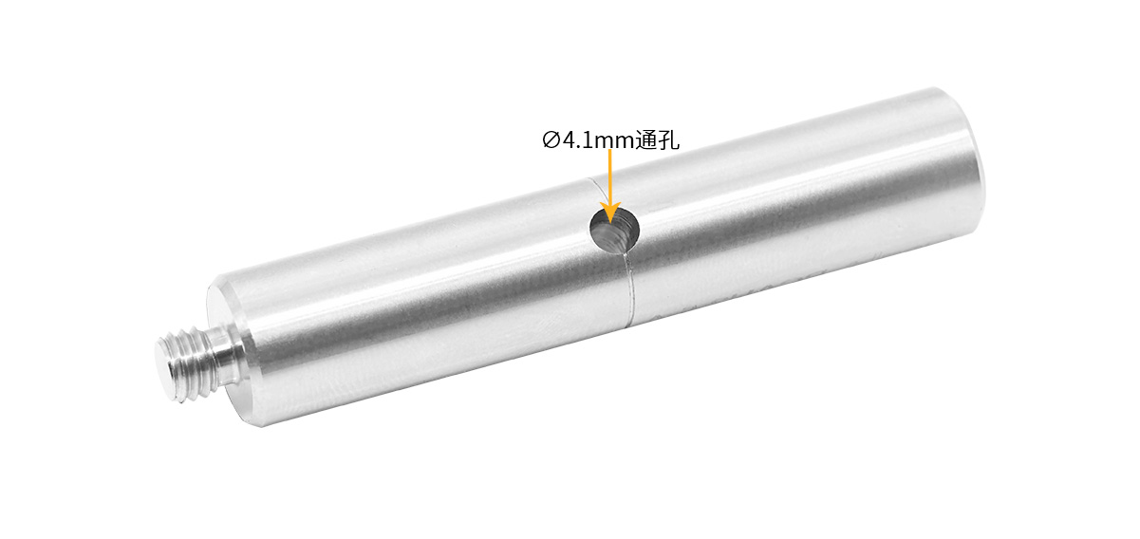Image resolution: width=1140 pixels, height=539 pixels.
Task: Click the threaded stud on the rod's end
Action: pyautogui.click(x=191, y=362)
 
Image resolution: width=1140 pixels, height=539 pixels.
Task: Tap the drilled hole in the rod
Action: pyautogui.click(x=614, y=230)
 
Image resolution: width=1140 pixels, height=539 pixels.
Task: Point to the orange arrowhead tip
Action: pyautogui.click(x=609, y=223)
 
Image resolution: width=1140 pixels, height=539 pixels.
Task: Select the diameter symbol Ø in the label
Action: pyautogui.click(x=551, y=139)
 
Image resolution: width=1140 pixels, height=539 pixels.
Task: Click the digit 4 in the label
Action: pyautogui.click(x=570, y=139)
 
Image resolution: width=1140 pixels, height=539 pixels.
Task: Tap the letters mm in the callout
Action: pyautogui.click(x=615, y=142)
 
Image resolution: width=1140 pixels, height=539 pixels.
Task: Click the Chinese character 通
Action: pyautogui.click(x=645, y=139)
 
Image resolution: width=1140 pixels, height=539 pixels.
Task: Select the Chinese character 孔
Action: pyautogui.click(x=667, y=139)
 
